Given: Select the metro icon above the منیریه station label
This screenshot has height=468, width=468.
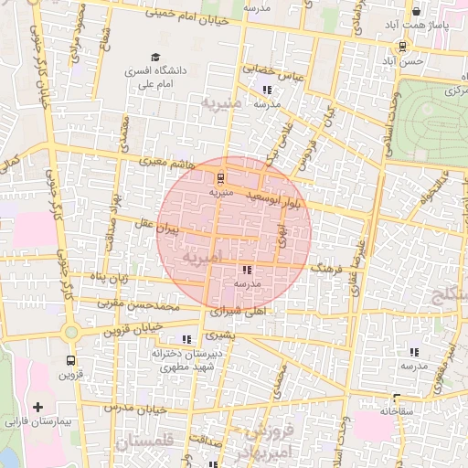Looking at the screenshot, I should coord(219,178).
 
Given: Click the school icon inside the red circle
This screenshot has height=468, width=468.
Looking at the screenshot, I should coord(247,271).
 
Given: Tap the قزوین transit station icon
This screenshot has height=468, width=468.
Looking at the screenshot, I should coord(70,360).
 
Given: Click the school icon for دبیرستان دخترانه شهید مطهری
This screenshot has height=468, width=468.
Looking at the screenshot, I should coord(187,339).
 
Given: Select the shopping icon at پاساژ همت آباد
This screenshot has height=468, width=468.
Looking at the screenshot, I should coord(416,12).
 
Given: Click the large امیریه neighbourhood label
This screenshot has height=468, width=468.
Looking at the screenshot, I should coord(202,259).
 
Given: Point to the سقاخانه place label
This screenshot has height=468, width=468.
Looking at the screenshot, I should coord(396,411).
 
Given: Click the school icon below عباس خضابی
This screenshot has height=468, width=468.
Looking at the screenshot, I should coord(267,90).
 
